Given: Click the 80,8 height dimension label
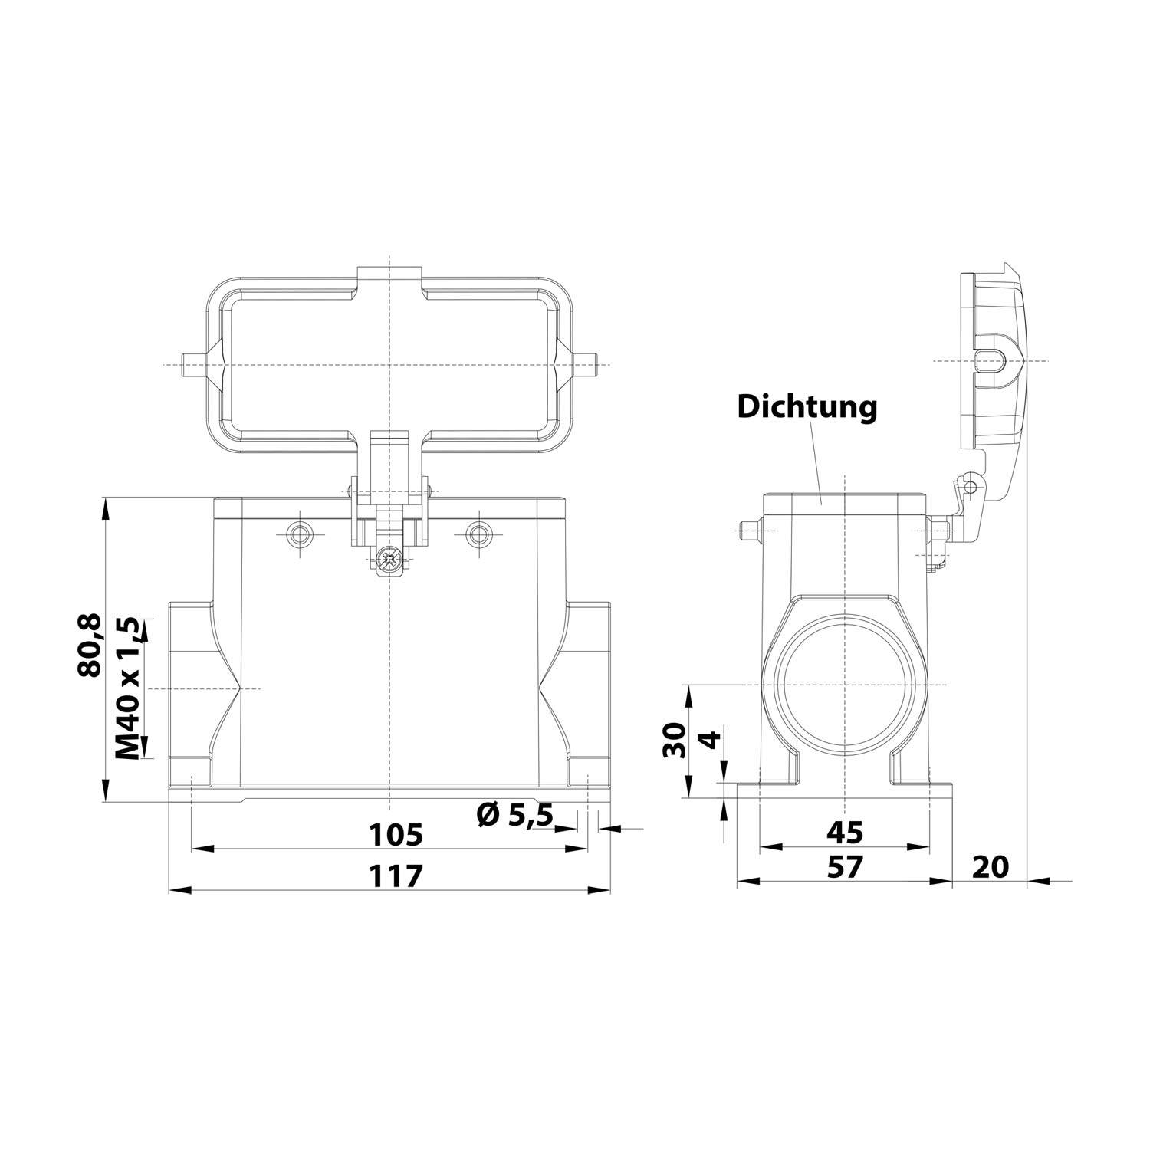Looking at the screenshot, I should click(90, 646).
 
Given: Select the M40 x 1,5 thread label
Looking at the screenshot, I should click(129, 688).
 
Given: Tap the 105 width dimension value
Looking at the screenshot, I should click(395, 834).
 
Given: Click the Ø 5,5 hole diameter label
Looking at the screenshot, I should click(514, 815).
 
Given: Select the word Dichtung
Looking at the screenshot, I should click(807, 407).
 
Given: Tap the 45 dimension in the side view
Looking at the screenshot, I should click(844, 832).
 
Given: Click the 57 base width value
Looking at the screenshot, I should click(844, 867).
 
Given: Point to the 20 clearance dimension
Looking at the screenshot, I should click(991, 867).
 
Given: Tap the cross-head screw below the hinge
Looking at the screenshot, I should click(390, 560).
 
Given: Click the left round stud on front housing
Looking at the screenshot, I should click(298, 534).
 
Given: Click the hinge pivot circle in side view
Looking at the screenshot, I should click(971, 487).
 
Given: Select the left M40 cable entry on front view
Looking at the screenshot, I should click(189, 688).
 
